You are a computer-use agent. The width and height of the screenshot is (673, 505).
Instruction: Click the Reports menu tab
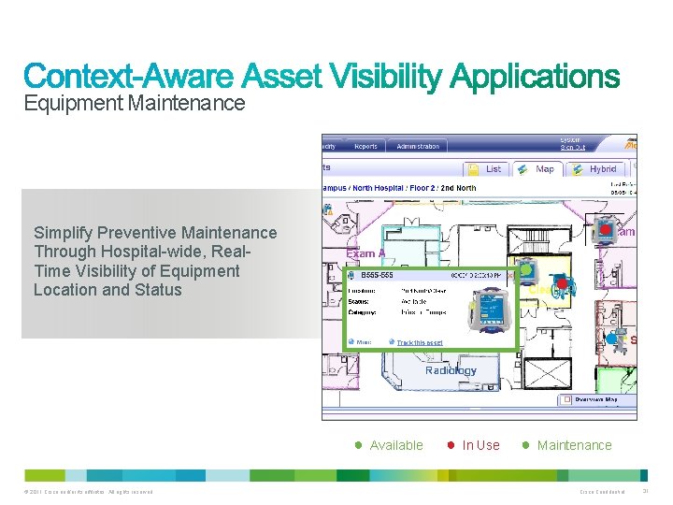coord(365,147)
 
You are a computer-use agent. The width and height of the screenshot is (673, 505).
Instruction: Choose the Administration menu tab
coord(417,147)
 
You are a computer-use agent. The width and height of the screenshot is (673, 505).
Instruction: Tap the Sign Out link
coord(573,147)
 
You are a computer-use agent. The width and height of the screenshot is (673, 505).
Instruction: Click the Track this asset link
coord(419,342)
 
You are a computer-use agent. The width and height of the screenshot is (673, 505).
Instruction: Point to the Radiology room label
coord(451,370)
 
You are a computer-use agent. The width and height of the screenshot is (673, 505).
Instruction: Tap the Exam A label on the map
coord(365,253)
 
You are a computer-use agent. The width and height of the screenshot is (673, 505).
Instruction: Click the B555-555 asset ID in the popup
coord(377,276)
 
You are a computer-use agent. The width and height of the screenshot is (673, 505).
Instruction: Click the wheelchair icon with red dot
coord(562,285)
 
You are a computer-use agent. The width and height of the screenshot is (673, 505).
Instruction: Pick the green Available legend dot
coord(357,445)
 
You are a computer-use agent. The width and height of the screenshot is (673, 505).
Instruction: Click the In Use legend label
coord(480,445)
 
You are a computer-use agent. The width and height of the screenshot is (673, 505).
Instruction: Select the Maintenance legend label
coord(574,445)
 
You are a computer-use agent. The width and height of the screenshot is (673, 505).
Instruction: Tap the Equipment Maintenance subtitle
coord(135,103)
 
